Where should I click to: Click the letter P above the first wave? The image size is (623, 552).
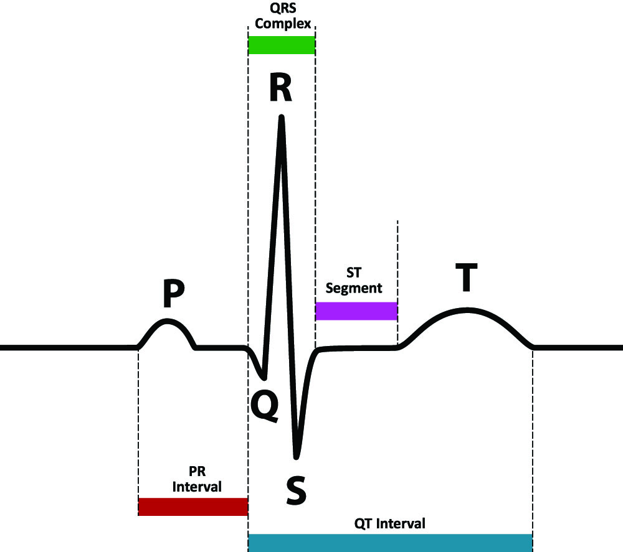coord(174,295)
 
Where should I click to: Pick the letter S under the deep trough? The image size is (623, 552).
coord(295,489)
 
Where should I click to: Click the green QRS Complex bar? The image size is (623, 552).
coord(282,45)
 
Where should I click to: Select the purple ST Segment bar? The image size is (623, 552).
coord(356,311)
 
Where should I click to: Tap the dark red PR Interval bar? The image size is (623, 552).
coord(193,507)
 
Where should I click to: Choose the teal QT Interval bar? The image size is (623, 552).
coord(390,542)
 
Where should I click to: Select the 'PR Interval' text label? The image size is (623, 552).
coord(196,479)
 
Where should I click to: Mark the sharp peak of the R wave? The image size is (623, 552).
coord(282,116)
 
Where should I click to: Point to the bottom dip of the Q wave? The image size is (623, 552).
coord(264,378)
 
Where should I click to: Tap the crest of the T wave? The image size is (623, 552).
coord(466,309)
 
